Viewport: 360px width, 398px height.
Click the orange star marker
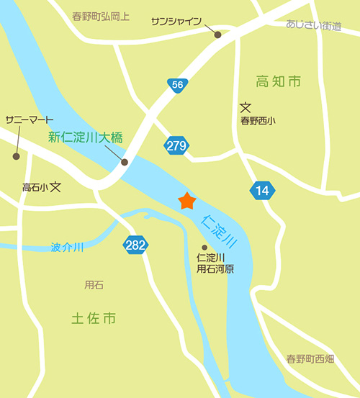click(x=187, y=201)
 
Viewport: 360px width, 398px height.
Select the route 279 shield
click(x=176, y=145)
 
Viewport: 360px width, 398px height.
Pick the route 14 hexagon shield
click(x=261, y=191)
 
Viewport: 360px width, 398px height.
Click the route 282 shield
click(x=135, y=245)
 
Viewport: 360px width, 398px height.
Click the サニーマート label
click(x=29, y=119)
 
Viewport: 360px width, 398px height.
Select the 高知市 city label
click(x=278, y=82)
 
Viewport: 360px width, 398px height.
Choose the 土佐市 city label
click(x=94, y=317)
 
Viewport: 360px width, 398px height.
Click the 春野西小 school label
click(x=258, y=121)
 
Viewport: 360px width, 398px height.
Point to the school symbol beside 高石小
click(x=56, y=186)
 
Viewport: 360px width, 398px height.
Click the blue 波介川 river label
click(x=67, y=247)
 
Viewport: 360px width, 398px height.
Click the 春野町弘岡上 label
click(x=101, y=15)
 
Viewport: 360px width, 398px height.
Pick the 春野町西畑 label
click(x=310, y=358)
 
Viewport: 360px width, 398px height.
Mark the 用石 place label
click(x=94, y=284)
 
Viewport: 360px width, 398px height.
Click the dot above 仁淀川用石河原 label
click(x=204, y=247)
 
